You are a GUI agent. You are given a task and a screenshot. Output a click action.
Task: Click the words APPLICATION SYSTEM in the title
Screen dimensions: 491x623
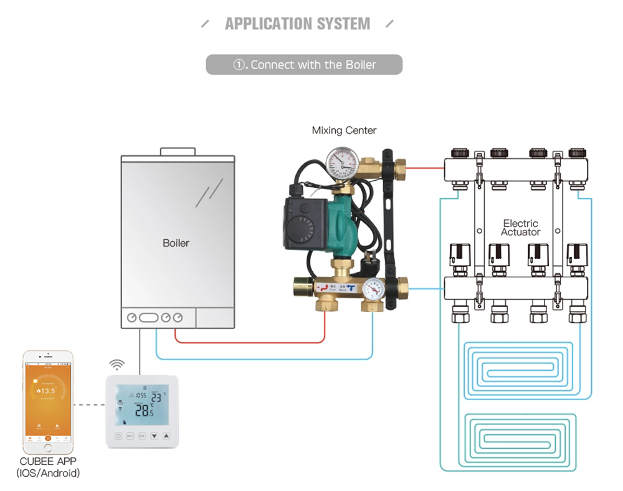tap(297, 24)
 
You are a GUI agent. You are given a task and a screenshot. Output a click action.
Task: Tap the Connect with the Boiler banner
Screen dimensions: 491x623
tap(304, 65)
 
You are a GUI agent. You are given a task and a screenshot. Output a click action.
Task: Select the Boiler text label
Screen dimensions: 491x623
tap(176, 243)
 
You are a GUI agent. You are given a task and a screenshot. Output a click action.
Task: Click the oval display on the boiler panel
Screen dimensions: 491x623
tap(149, 318)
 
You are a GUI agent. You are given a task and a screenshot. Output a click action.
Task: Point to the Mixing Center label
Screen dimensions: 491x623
tap(344, 131)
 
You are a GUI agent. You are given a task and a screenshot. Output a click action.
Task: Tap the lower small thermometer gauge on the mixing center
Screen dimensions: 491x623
tap(373, 288)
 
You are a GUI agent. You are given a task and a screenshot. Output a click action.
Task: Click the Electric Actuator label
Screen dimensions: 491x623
tap(520, 227)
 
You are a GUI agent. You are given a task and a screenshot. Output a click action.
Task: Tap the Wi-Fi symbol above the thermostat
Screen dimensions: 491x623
tap(117, 365)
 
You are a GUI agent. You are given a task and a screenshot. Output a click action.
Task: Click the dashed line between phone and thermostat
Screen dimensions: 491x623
tap(88, 405)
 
